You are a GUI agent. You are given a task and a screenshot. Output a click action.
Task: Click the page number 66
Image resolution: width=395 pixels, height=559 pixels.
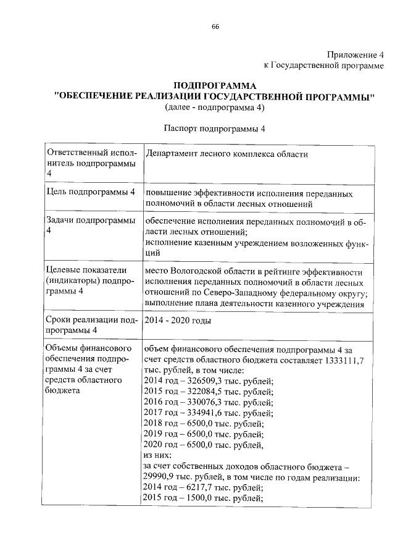click(215, 26)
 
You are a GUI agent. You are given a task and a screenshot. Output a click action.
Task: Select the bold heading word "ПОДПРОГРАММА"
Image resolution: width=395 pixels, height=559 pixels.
click(214, 86)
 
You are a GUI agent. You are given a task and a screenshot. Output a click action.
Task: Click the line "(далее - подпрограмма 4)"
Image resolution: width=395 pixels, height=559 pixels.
click(214, 107)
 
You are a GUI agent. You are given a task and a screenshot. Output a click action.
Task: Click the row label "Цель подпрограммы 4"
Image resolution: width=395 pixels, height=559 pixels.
click(91, 193)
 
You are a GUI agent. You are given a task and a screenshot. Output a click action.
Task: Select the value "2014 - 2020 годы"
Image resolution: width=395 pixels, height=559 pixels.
click(177, 321)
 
